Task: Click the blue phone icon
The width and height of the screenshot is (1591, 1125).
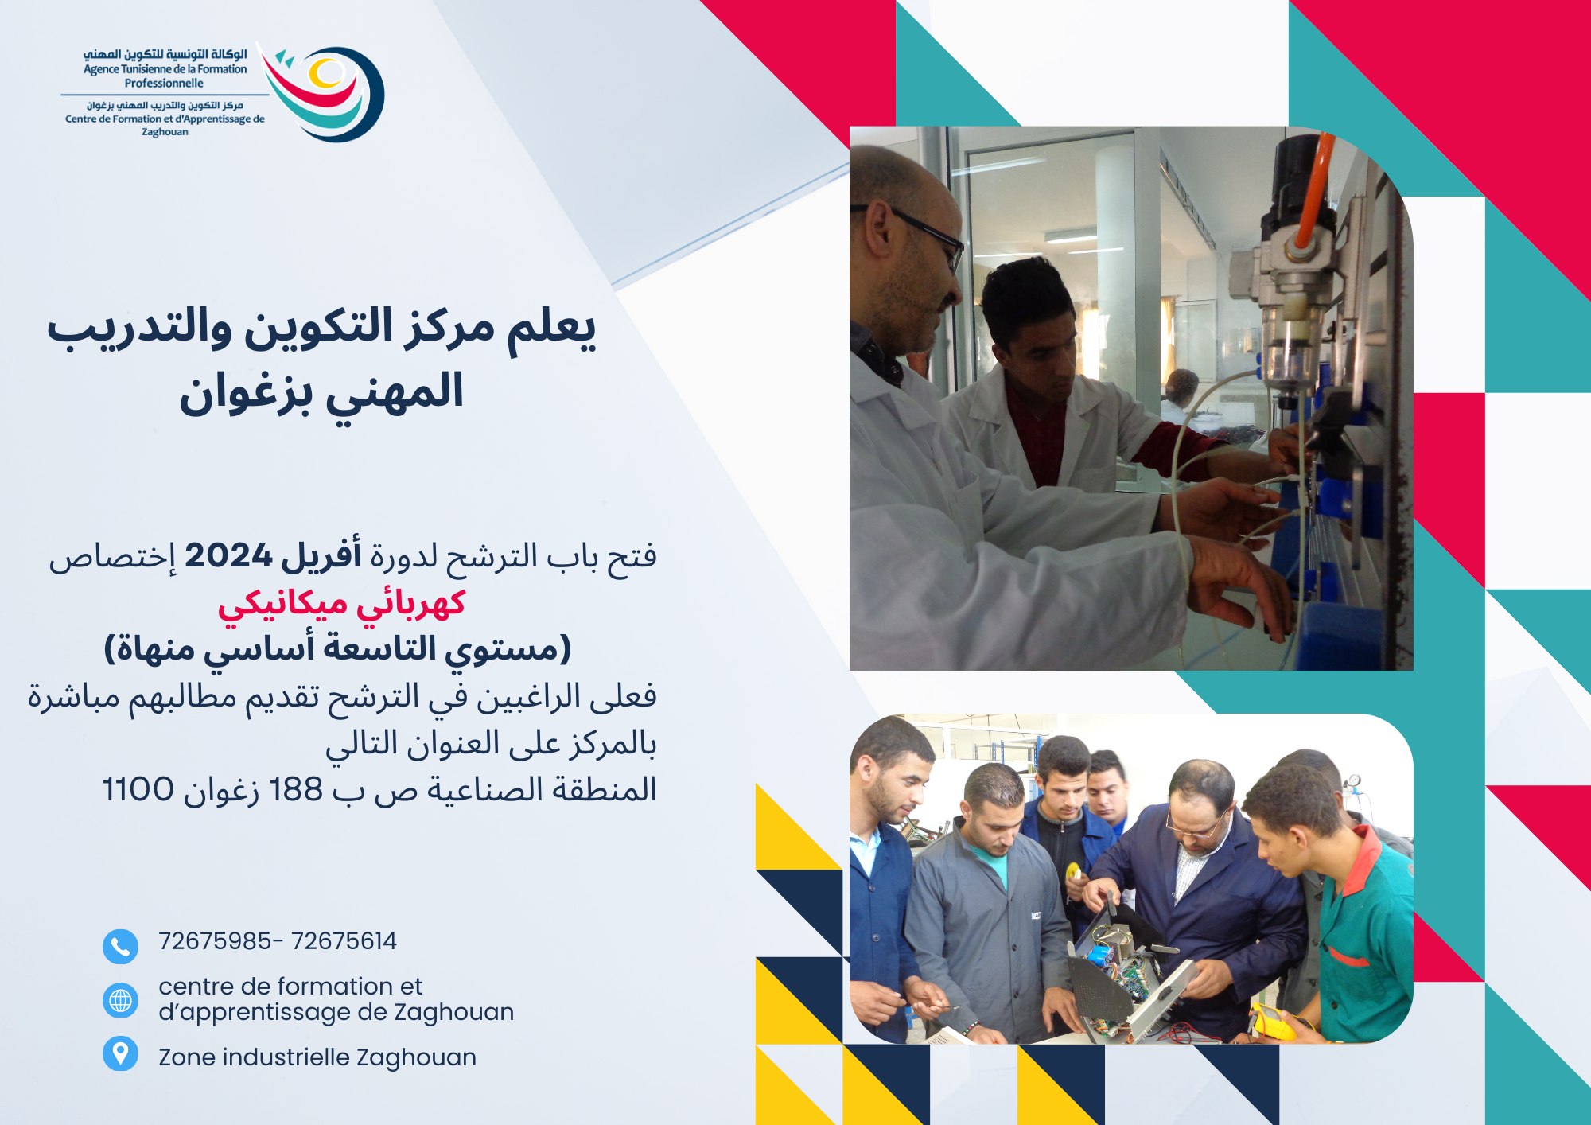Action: coord(120,947)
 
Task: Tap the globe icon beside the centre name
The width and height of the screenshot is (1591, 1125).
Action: coord(120,1000)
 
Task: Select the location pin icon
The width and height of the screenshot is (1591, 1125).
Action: coord(120,1053)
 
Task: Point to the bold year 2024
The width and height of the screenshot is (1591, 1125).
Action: coord(228,555)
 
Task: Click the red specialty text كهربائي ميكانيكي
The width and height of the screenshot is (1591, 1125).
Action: coord(342,604)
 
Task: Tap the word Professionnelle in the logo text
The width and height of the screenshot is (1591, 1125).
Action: coord(164,83)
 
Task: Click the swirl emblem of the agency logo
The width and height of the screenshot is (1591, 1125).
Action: coord(322,93)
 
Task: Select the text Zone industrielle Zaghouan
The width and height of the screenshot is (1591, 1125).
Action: coord(317,1057)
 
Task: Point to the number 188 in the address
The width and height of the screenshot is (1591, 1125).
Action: coord(296,789)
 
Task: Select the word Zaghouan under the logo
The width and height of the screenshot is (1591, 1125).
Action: coord(165,132)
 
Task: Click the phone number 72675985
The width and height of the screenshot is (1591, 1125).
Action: coord(215,941)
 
